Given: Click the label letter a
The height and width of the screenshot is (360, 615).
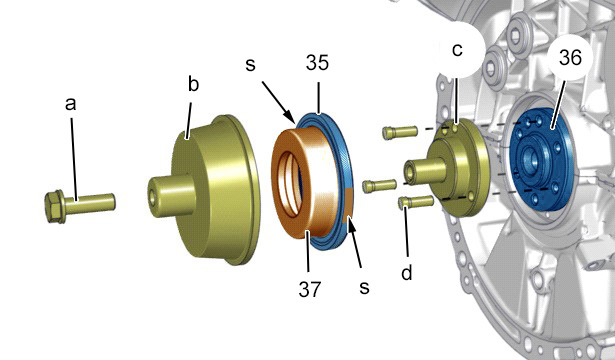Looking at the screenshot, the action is [x=71, y=104].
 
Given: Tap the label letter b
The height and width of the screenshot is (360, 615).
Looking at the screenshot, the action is [x=193, y=84].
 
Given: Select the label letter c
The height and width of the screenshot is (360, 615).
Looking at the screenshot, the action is [x=457, y=50].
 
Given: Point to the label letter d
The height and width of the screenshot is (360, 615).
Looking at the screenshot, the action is [x=407, y=272].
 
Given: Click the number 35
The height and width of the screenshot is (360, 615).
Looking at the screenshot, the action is [x=317, y=63].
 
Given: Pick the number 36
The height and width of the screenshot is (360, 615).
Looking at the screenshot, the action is [x=570, y=58].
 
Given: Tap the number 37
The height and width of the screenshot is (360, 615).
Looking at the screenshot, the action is [x=310, y=289].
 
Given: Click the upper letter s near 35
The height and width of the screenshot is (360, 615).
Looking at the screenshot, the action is [x=250, y=65].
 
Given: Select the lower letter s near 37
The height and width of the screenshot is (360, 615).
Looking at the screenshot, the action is [x=364, y=287].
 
